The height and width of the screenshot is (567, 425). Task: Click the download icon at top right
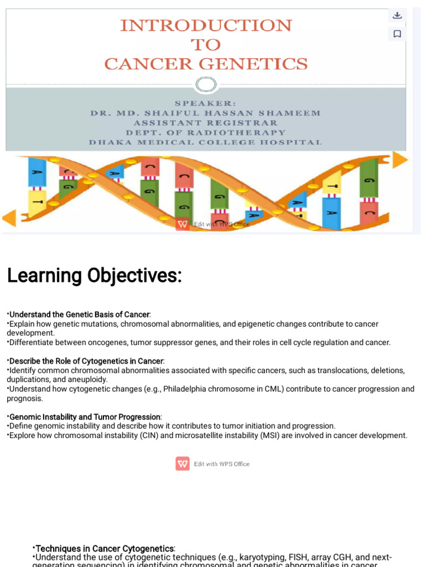click(x=397, y=16)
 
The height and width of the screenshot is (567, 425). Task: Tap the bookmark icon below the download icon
click(x=397, y=34)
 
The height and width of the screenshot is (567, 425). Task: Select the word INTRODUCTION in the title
click(x=206, y=25)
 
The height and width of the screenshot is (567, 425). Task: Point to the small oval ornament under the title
click(x=206, y=85)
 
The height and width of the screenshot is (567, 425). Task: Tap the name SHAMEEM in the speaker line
click(x=294, y=113)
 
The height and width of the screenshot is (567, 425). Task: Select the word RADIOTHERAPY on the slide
click(x=239, y=133)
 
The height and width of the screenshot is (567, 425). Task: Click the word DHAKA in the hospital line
click(x=107, y=142)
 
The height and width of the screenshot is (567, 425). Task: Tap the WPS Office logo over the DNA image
click(x=183, y=224)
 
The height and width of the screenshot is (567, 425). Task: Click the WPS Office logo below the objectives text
click(x=183, y=463)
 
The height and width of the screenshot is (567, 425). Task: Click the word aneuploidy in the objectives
click(x=87, y=379)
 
